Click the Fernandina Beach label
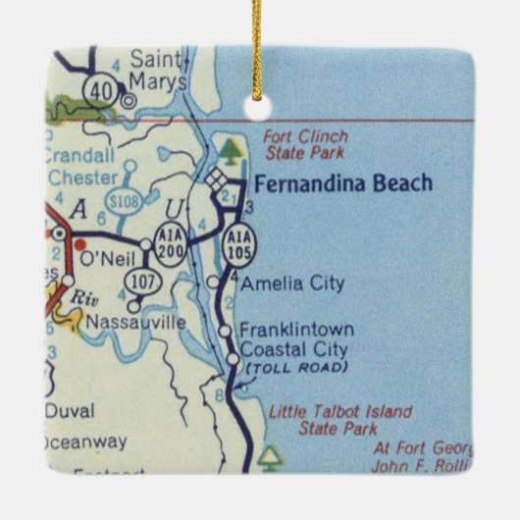342,183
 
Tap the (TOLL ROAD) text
295,367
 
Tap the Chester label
82,178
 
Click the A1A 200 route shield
168,245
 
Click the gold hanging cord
259,49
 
